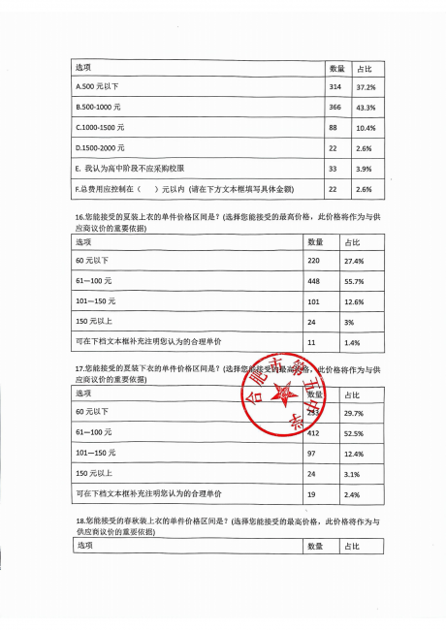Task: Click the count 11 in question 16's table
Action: pos(312,342)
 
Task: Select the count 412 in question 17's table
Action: pos(315,433)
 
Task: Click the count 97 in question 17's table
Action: pos(313,454)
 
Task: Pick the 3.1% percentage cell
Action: pos(352,474)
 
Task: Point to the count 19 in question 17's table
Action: pos(312,494)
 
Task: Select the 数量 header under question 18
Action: pos(315,548)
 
